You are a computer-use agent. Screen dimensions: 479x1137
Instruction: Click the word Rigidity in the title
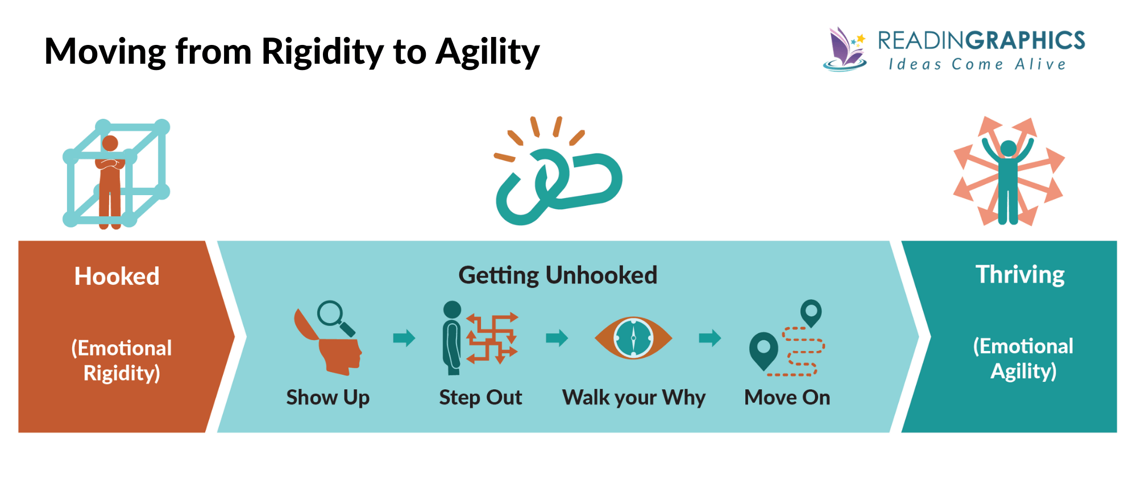pos(322,52)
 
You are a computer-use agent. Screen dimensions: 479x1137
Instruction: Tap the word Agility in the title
pos(487,52)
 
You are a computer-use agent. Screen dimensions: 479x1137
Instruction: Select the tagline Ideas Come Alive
pos(977,64)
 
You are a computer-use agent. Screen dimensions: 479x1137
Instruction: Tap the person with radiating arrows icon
pos(1008,174)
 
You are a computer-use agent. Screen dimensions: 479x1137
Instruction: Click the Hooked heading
pos(117,276)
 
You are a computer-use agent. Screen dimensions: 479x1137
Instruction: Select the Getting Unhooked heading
pos(558,275)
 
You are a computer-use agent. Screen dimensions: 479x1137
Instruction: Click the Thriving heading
pos(1020,275)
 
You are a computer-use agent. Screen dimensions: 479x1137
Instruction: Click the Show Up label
pos(327,397)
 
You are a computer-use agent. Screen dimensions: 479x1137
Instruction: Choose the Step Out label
pos(480,397)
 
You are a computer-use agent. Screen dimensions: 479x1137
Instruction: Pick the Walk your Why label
pos(633,397)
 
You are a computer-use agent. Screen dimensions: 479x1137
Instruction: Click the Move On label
pos(787,397)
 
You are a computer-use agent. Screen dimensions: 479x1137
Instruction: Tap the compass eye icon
pos(633,338)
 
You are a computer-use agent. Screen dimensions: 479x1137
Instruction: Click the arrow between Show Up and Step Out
pos(404,338)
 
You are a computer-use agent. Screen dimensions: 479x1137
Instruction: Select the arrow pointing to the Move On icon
pos(709,338)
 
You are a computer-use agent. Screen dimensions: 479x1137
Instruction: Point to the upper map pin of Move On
pos(811,312)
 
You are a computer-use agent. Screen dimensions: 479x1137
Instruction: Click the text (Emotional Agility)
pos(1023,358)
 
